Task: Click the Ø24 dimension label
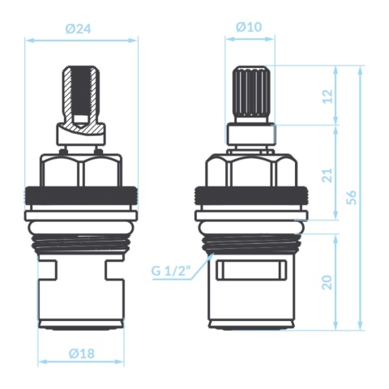click(x=78, y=29)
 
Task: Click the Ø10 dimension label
click(x=249, y=27)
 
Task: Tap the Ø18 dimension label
click(x=82, y=353)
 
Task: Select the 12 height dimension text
click(x=327, y=96)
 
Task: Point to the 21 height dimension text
click(x=327, y=175)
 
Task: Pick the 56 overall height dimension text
click(x=352, y=198)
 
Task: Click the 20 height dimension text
click(x=327, y=282)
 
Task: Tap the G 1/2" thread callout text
click(x=171, y=271)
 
